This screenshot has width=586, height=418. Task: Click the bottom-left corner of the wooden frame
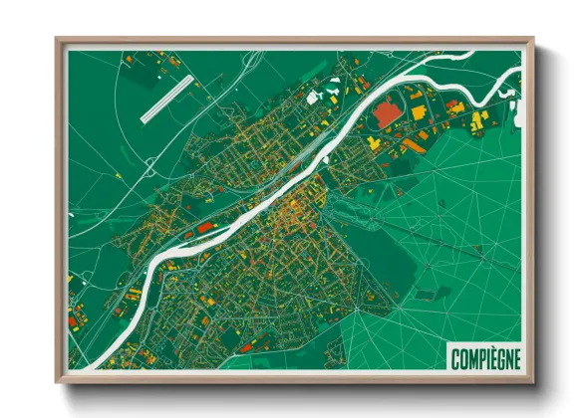(x=59, y=380)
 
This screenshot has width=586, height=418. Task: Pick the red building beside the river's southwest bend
(x=205, y=228)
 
